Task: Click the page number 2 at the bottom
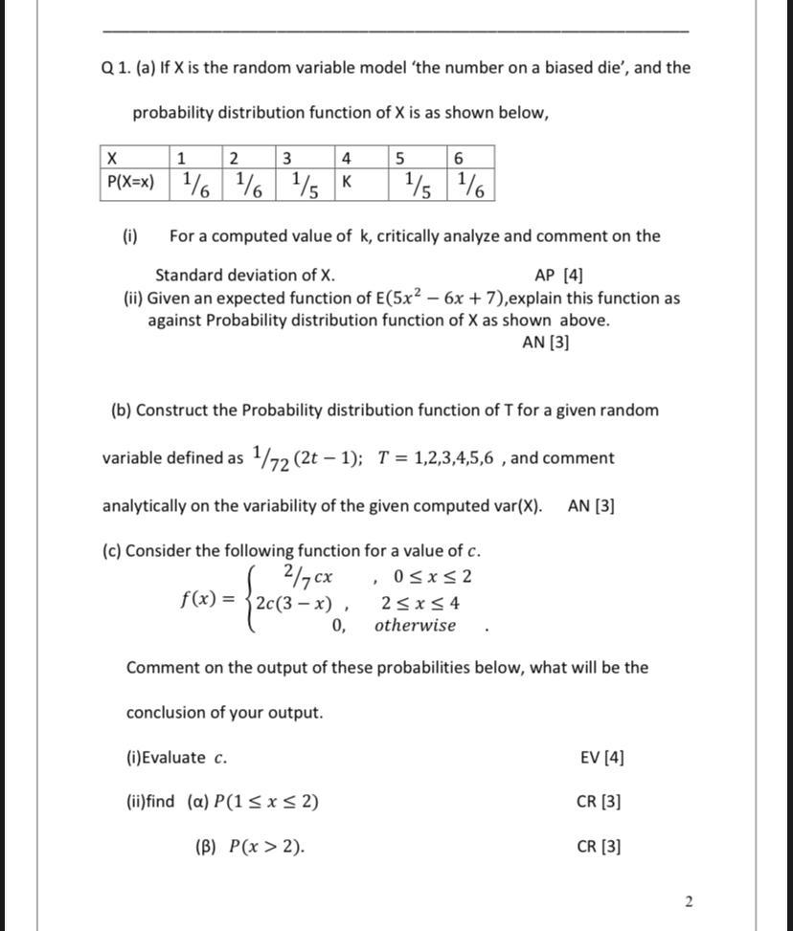(689, 900)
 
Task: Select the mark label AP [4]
(558, 276)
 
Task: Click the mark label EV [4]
(601, 758)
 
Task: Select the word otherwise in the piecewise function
(415, 626)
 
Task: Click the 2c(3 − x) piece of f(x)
(294, 604)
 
